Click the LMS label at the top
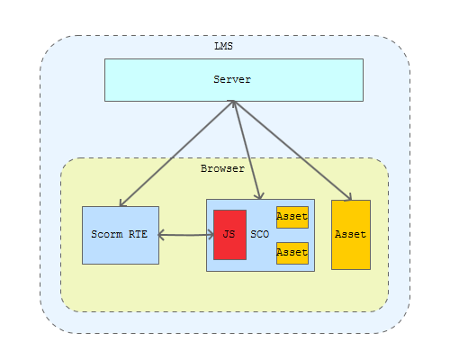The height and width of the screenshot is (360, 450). click(x=223, y=46)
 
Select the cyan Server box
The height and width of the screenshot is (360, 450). click(x=234, y=80)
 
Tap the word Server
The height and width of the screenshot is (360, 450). click(x=232, y=79)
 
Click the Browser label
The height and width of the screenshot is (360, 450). click(x=222, y=168)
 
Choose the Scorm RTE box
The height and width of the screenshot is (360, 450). click(x=121, y=235)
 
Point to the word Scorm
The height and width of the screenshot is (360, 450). click(x=107, y=234)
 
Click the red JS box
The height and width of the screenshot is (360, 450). click(x=229, y=235)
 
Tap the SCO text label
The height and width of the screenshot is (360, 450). click(x=260, y=234)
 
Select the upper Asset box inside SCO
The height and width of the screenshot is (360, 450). click(x=292, y=217)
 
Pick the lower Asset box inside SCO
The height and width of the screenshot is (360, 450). click(x=292, y=253)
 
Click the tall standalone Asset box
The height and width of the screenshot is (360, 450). click(x=351, y=235)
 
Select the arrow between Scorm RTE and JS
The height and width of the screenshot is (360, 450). click(x=186, y=235)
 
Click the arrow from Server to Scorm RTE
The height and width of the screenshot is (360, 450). click(x=176, y=154)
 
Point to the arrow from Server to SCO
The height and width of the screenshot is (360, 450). click(x=247, y=150)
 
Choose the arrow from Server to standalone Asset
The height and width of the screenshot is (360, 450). click(x=292, y=150)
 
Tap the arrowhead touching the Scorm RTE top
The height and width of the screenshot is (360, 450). click(x=122, y=203)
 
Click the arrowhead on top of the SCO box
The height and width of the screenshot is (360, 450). click(x=259, y=196)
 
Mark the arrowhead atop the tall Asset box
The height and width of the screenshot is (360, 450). click(x=348, y=197)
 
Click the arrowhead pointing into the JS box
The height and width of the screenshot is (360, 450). click(x=211, y=235)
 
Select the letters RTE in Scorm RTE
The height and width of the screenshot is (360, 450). click(x=138, y=234)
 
